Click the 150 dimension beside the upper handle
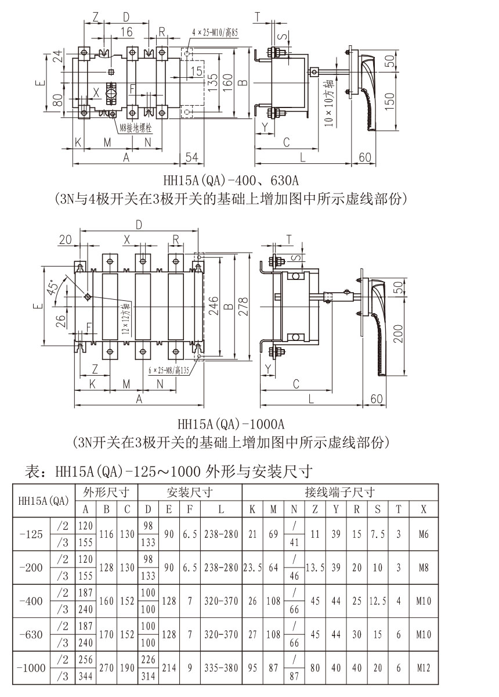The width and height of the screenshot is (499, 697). click(x=390, y=99)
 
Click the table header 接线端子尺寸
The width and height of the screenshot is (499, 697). click(x=339, y=493)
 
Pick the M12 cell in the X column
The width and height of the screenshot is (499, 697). click(x=424, y=668)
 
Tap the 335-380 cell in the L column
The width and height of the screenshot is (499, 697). click(x=221, y=668)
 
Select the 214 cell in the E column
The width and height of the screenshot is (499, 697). click(x=169, y=668)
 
